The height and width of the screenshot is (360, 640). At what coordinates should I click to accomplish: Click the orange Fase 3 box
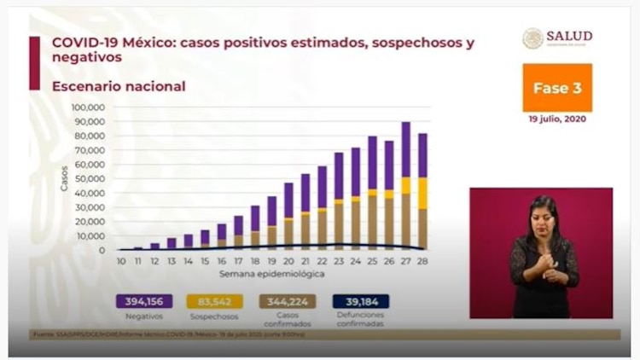[x=557, y=88]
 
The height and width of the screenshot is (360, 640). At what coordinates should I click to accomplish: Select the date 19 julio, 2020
[x=557, y=119]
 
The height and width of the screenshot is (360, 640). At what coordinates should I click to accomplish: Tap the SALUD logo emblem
[x=533, y=38]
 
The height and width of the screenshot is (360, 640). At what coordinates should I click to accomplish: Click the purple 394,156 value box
[x=143, y=301]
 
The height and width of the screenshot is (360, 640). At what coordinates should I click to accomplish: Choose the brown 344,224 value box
[x=288, y=301]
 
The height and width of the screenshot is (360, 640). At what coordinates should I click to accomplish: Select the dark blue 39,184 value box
[x=360, y=301]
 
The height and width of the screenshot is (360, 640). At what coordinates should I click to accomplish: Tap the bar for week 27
[x=405, y=186]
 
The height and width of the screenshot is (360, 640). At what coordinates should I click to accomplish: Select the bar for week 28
[x=422, y=191]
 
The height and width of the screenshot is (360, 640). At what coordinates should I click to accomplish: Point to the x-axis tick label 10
[x=122, y=259]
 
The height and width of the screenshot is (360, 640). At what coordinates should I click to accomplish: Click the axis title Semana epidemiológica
[x=271, y=274]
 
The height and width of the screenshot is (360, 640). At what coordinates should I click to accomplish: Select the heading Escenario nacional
[x=119, y=86]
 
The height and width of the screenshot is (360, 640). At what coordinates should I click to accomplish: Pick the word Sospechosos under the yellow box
[x=217, y=315]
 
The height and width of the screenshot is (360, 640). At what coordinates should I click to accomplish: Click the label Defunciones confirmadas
[x=360, y=319]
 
